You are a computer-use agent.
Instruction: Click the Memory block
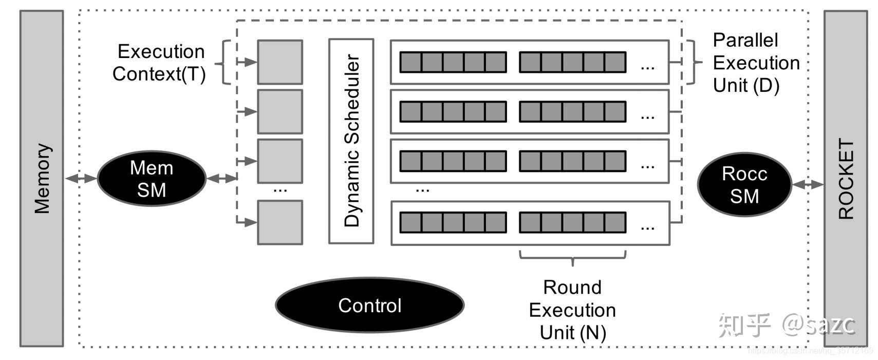click(42, 178)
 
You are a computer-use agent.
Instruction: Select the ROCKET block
click(845, 178)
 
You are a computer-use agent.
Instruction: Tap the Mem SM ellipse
click(152, 179)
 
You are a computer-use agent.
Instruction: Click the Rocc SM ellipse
click(744, 184)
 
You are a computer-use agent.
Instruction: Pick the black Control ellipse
click(369, 305)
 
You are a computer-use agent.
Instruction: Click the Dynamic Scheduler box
click(351, 141)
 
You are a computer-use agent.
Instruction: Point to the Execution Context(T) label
click(160, 63)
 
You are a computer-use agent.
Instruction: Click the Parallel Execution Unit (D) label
click(756, 63)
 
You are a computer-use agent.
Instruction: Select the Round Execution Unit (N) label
click(572, 310)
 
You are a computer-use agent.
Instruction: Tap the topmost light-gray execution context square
click(279, 62)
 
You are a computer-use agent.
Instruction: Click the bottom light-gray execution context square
click(279, 222)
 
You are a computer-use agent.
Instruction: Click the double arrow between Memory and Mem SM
click(81, 178)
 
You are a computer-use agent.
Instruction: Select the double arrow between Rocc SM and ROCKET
click(808, 184)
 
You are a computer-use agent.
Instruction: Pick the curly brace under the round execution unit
click(572, 256)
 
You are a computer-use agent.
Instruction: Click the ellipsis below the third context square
click(280, 191)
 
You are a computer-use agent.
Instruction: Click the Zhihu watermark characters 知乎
click(744, 325)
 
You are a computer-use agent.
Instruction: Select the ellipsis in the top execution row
click(647, 67)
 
